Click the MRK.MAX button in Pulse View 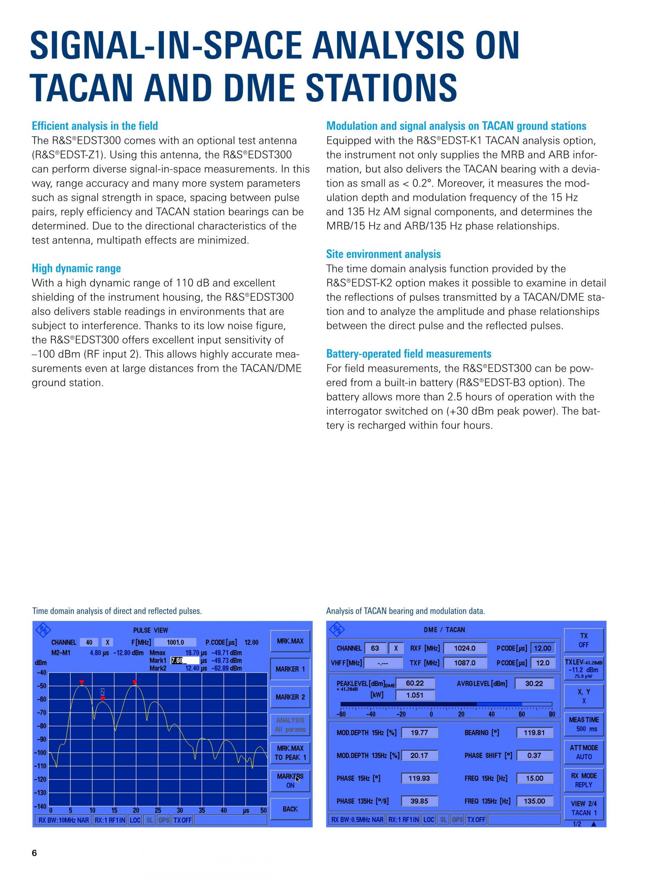coord(290,641)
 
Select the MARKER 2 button coord(290,697)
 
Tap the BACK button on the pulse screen coord(290,809)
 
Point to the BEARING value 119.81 coord(534,733)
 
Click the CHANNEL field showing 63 coord(375,648)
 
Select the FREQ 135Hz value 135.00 coord(534,801)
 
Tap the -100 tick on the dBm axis coord(41,753)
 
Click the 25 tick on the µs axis coord(158,810)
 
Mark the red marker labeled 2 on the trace coord(103,698)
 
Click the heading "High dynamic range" coord(76,268)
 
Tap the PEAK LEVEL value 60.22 coord(415,683)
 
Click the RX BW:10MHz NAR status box coord(63,820)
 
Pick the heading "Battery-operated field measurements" coord(408,354)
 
